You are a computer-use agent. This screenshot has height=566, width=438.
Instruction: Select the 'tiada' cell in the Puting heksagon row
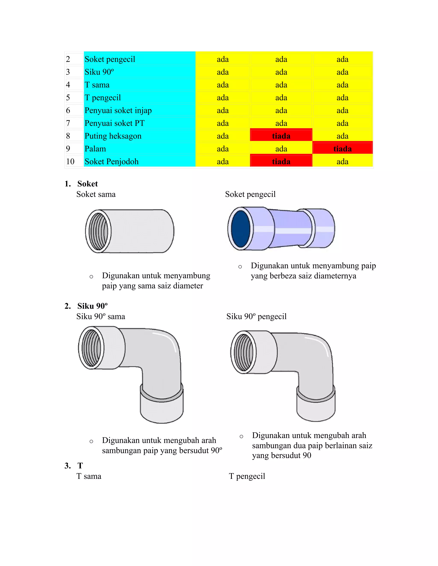(x=281, y=136)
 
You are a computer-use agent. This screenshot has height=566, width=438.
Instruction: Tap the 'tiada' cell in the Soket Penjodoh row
(x=281, y=161)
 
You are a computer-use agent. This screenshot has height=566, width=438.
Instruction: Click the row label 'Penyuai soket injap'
(x=118, y=110)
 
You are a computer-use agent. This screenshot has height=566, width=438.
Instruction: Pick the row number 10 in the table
(x=70, y=161)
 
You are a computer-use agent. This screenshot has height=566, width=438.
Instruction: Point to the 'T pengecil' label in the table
(x=102, y=97)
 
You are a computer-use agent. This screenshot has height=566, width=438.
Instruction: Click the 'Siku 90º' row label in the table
(x=99, y=72)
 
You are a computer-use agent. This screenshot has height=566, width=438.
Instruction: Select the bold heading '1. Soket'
(x=81, y=184)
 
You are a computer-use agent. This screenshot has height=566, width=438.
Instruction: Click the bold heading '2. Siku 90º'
(x=86, y=306)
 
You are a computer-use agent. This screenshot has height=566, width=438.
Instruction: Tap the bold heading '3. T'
(x=74, y=466)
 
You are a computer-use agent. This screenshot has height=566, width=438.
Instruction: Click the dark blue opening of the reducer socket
(x=241, y=228)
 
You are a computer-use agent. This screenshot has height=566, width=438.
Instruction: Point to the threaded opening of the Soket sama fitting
(x=98, y=231)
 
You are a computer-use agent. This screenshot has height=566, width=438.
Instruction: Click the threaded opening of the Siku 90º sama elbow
(x=91, y=347)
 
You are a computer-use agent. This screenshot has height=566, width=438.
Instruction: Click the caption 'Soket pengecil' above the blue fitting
(x=250, y=194)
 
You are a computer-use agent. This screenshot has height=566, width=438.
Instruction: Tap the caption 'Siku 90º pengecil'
(x=256, y=317)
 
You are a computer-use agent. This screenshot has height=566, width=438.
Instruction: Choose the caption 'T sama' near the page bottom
(x=89, y=476)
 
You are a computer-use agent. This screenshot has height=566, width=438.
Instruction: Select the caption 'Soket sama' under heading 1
(x=96, y=194)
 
